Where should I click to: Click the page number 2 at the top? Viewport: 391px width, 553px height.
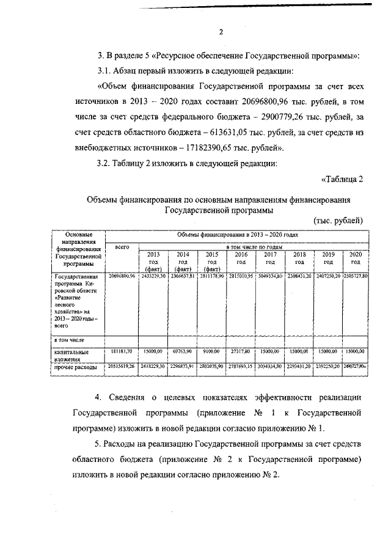222,32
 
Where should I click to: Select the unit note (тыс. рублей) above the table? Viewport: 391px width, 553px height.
338,220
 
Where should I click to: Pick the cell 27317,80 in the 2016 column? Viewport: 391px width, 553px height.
242,352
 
